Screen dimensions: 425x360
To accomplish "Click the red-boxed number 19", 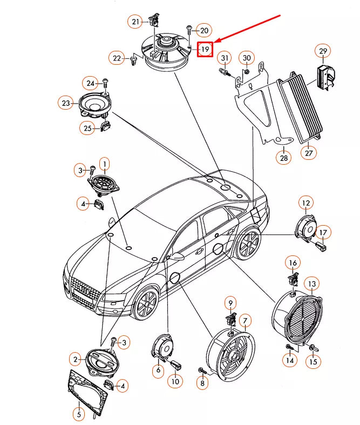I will click(x=205, y=50).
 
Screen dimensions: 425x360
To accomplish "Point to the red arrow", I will click(x=248, y=29).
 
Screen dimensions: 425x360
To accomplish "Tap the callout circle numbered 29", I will click(x=323, y=52).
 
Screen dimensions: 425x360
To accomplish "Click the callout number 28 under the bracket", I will click(x=284, y=158).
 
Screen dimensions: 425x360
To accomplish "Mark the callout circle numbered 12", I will click(x=306, y=204).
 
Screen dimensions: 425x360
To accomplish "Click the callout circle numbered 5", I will click(x=79, y=414).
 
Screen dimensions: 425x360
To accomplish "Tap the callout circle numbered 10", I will click(x=175, y=381).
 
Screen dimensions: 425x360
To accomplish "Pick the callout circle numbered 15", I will click(x=313, y=362).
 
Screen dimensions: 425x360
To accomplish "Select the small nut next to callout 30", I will click(x=245, y=71).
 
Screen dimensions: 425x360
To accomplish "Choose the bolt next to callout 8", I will click(x=202, y=370).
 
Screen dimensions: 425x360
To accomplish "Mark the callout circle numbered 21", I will click(x=135, y=22).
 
